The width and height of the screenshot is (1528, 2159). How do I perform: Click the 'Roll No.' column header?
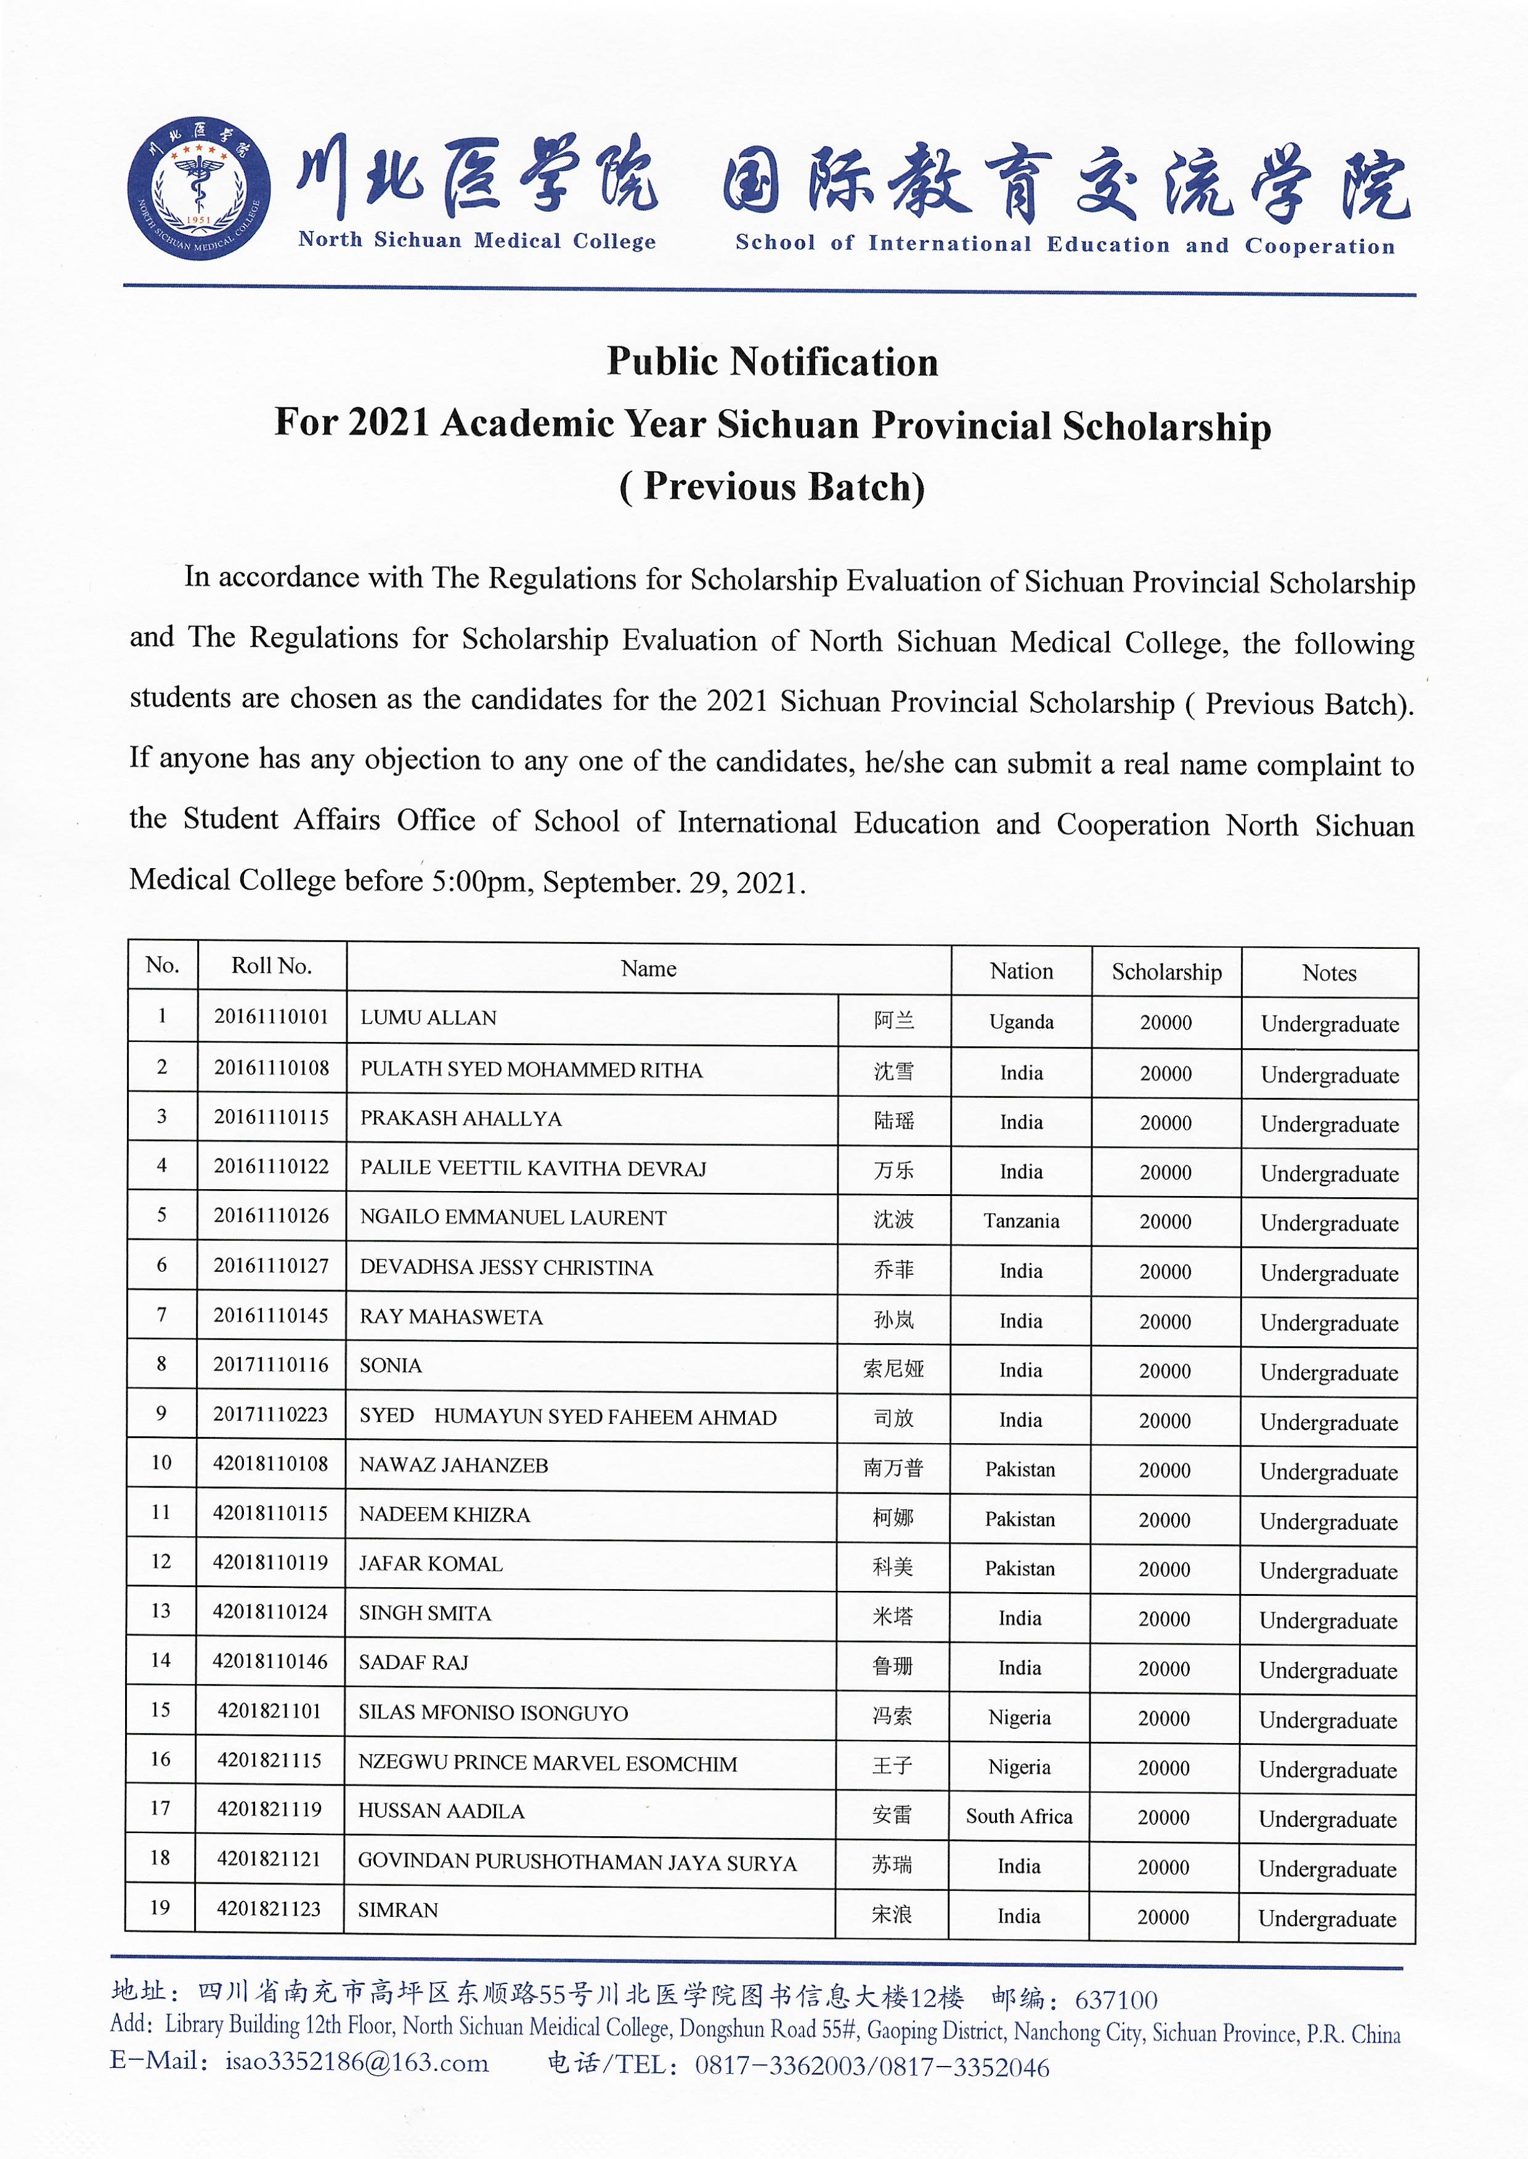tap(271, 966)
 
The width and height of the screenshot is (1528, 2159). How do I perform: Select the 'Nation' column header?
tap(1021, 971)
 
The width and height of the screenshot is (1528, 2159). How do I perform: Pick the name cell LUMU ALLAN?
tap(428, 1018)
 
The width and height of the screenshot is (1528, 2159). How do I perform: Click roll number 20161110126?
tap(271, 1216)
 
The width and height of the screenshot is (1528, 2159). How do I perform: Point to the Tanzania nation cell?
tap(1021, 1221)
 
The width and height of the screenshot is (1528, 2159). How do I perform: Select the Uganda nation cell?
tap(1021, 1022)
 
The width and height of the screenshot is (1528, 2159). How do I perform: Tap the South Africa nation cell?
tap(1019, 1816)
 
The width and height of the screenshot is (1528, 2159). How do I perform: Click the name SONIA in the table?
tap(391, 1366)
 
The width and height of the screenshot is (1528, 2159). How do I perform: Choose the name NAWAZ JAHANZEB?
tap(453, 1466)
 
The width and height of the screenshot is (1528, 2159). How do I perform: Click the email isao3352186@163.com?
tap(357, 2063)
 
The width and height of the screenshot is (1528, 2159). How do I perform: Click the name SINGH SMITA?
tap(425, 1613)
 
